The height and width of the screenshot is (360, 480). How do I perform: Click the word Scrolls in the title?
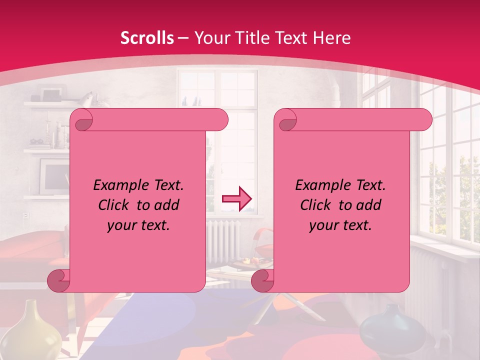point(147,38)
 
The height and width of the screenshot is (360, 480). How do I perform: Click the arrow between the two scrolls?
point(236,198)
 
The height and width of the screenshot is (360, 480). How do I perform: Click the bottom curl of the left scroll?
point(58,280)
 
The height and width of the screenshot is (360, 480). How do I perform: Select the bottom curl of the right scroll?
point(262,280)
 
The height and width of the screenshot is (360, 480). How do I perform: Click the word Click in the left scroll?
point(115,205)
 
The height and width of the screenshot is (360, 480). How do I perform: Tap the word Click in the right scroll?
point(317,205)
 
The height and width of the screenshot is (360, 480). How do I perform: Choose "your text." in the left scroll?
point(138,225)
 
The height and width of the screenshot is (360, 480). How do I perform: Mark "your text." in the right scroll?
point(340,225)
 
